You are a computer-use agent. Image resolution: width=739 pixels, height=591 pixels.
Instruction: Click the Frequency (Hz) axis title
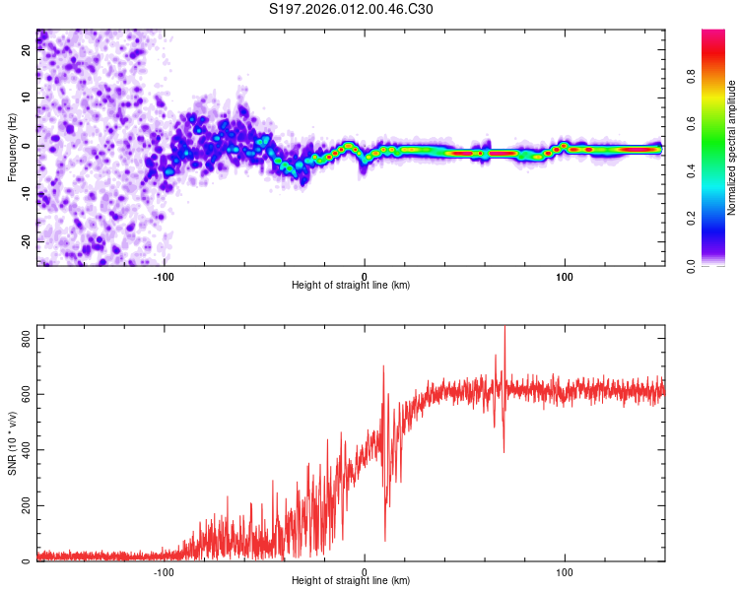(12, 148)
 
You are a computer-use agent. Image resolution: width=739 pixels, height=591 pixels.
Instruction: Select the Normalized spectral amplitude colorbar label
(732, 148)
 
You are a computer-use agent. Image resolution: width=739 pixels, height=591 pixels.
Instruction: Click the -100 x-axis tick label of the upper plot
(164, 277)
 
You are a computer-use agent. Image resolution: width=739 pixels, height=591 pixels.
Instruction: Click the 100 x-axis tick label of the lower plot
(565, 572)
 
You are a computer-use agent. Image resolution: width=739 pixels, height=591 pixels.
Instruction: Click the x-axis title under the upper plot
(351, 286)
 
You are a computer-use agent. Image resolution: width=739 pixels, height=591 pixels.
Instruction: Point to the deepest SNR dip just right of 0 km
(385, 540)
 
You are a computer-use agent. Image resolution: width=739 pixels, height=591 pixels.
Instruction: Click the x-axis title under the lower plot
(351, 581)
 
